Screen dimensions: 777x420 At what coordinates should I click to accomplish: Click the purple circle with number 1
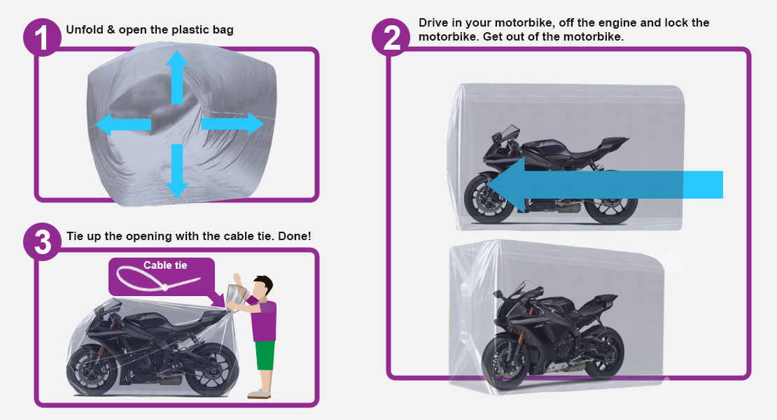(42, 36)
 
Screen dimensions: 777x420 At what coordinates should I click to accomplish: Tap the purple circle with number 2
(391, 37)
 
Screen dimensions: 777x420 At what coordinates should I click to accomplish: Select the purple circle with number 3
(42, 242)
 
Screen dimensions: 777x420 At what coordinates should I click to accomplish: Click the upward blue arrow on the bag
(177, 77)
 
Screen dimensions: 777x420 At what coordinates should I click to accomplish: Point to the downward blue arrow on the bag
(177, 171)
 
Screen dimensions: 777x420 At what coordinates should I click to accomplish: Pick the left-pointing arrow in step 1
(123, 125)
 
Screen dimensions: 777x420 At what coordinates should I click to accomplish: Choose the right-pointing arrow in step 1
(232, 124)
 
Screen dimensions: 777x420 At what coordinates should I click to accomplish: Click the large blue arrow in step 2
(605, 185)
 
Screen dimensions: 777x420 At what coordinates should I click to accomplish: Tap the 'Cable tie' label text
(165, 265)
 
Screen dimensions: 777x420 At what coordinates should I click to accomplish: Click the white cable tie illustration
(157, 279)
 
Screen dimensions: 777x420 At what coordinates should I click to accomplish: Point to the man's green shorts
(265, 355)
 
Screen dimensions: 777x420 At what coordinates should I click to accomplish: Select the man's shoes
(259, 393)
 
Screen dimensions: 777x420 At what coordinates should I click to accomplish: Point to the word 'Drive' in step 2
(433, 23)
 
